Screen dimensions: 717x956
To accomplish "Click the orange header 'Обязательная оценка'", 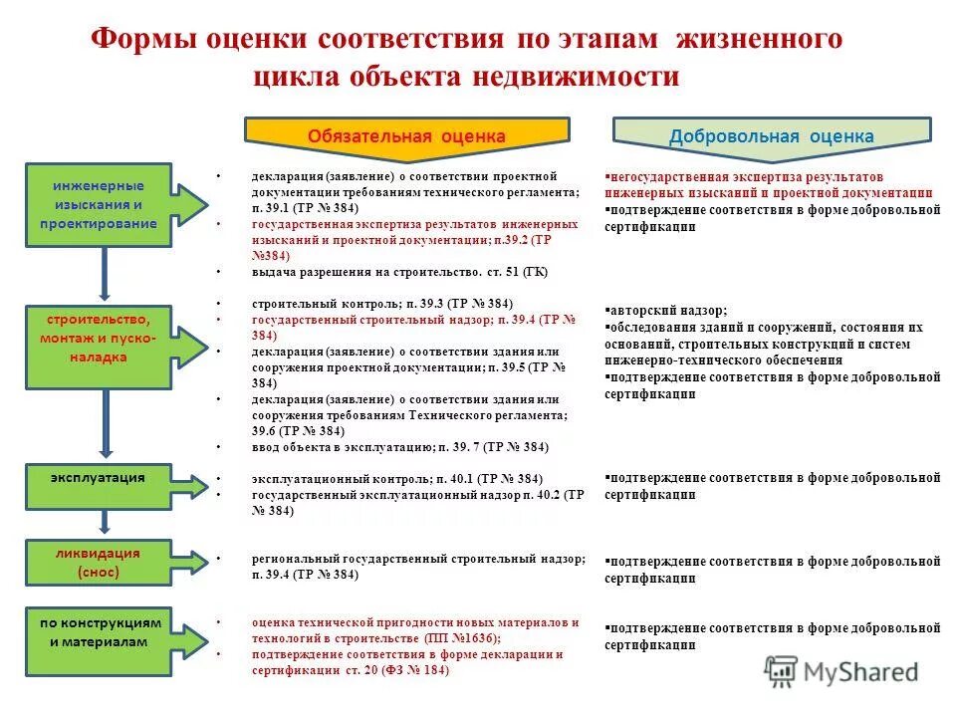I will tap(406, 135).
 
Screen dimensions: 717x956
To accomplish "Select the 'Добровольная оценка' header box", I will tap(772, 135).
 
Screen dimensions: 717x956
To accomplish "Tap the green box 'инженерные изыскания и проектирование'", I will tap(99, 204).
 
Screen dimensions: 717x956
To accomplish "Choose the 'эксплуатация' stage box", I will tap(99, 479).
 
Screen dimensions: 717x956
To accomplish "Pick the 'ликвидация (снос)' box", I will tap(98, 563).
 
